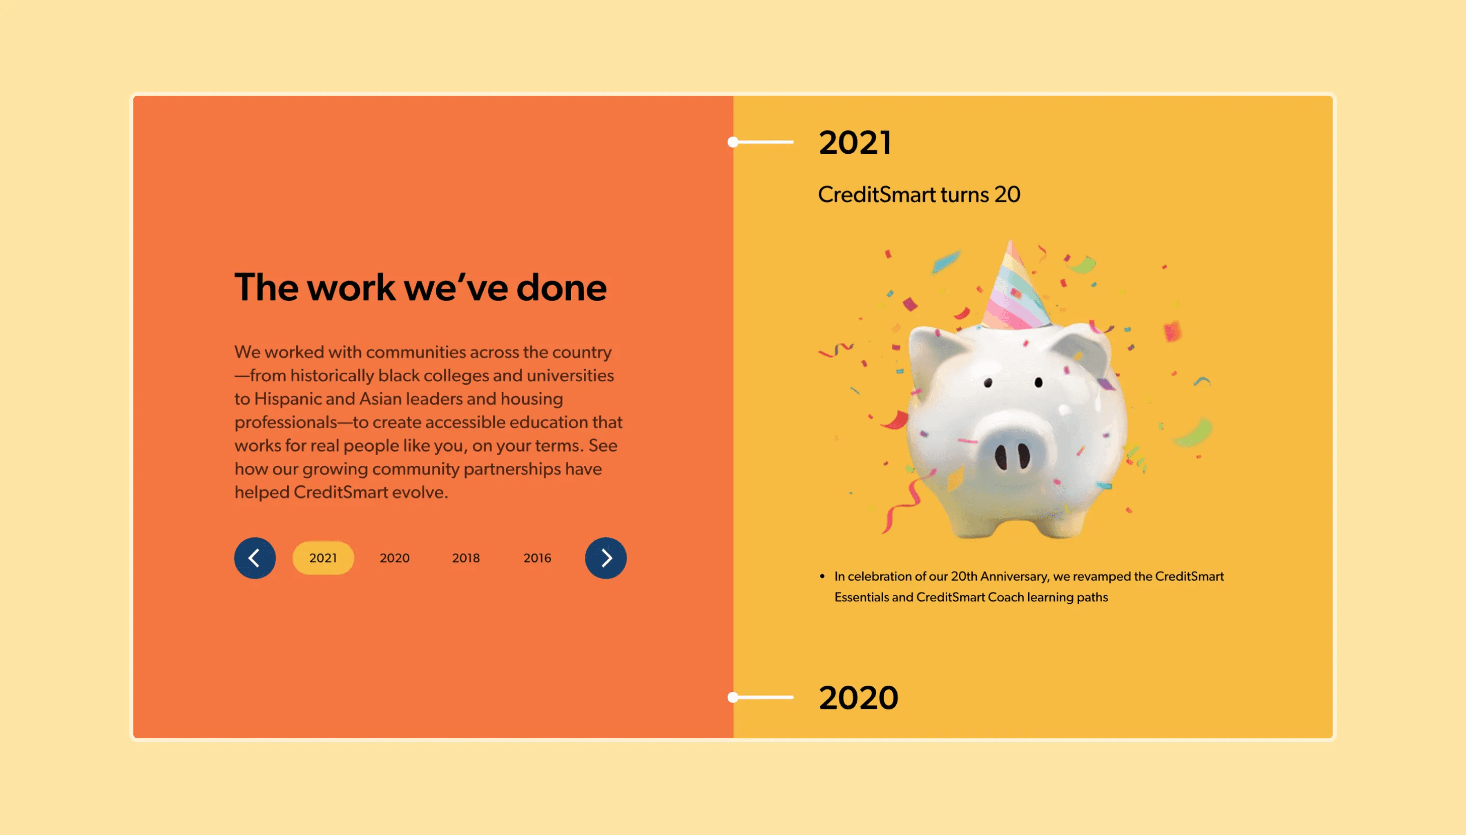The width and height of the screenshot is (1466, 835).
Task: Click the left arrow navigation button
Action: pyautogui.click(x=255, y=558)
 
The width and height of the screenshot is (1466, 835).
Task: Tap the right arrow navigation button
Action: pyautogui.click(x=605, y=558)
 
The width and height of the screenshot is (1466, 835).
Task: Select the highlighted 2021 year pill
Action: pyautogui.click(x=323, y=558)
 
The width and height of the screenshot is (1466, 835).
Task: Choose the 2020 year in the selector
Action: pyautogui.click(x=394, y=558)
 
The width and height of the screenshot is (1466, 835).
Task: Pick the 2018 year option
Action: pyautogui.click(x=466, y=558)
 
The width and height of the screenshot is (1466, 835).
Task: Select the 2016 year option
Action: pyautogui.click(x=537, y=558)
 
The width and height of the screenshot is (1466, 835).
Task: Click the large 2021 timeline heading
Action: pyautogui.click(x=855, y=142)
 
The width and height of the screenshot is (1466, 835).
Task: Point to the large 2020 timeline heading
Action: pyautogui.click(x=858, y=698)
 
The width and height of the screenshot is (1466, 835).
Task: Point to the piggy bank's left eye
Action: pyautogui.click(x=988, y=382)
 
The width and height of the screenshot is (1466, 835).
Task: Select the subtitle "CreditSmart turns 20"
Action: pyautogui.click(x=919, y=194)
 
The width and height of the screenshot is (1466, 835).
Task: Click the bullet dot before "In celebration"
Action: pyautogui.click(x=822, y=576)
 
